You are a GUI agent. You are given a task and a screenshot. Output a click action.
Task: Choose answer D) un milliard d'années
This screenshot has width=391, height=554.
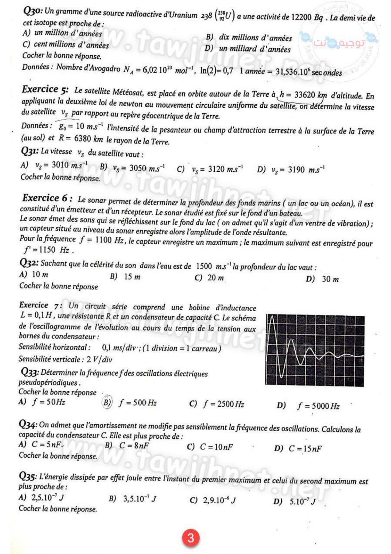(248, 49)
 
